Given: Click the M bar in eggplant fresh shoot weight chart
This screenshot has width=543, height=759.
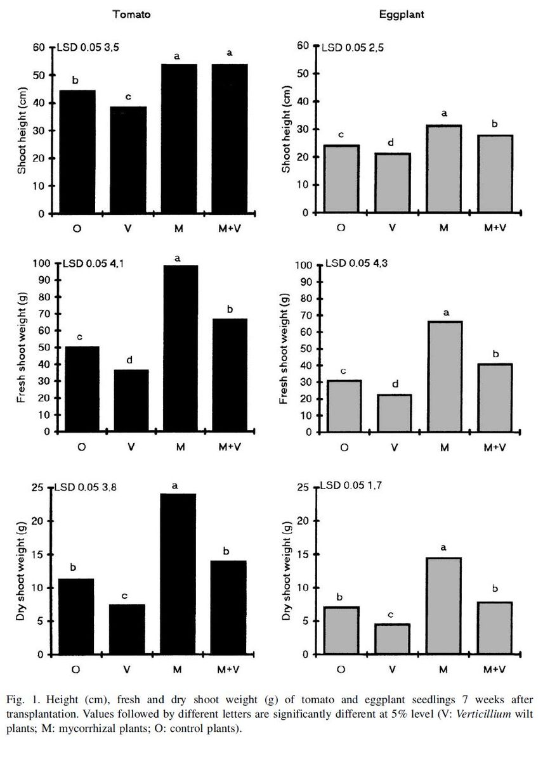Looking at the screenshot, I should pos(444,376).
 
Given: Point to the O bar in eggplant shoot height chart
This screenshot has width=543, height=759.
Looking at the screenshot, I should pos(341,179).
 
